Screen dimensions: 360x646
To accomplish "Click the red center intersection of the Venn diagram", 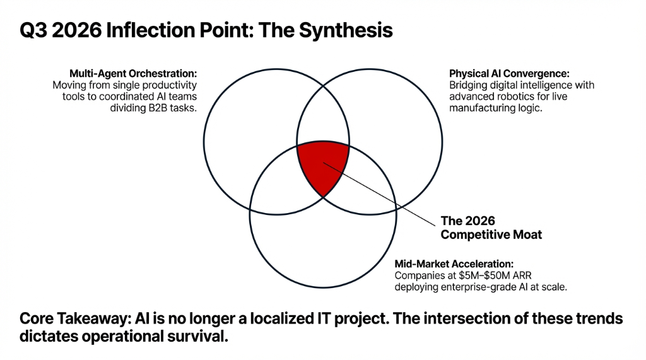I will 322,165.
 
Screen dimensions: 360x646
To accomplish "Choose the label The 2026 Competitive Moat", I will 491,228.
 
